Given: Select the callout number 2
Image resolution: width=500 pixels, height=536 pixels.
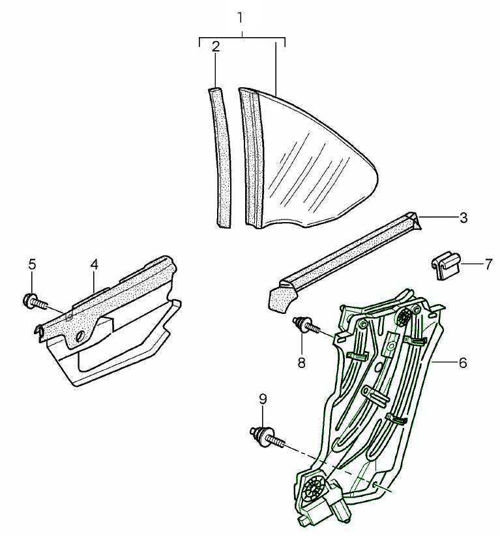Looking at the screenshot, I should (216, 46).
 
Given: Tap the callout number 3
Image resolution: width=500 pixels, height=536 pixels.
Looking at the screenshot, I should (463, 218).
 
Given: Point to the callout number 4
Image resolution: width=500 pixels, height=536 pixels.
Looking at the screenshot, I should (95, 264).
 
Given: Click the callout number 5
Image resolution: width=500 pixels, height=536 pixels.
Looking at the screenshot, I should (32, 264).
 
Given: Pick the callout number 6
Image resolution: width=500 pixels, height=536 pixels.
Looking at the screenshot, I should (463, 363).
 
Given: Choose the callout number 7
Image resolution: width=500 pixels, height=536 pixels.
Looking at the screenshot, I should (487, 264).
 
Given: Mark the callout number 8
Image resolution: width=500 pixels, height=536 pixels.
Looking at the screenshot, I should (302, 363).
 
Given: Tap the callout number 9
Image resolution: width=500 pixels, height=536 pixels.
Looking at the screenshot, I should (263, 399).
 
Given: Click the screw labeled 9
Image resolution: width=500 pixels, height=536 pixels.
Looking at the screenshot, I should (266, 436).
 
